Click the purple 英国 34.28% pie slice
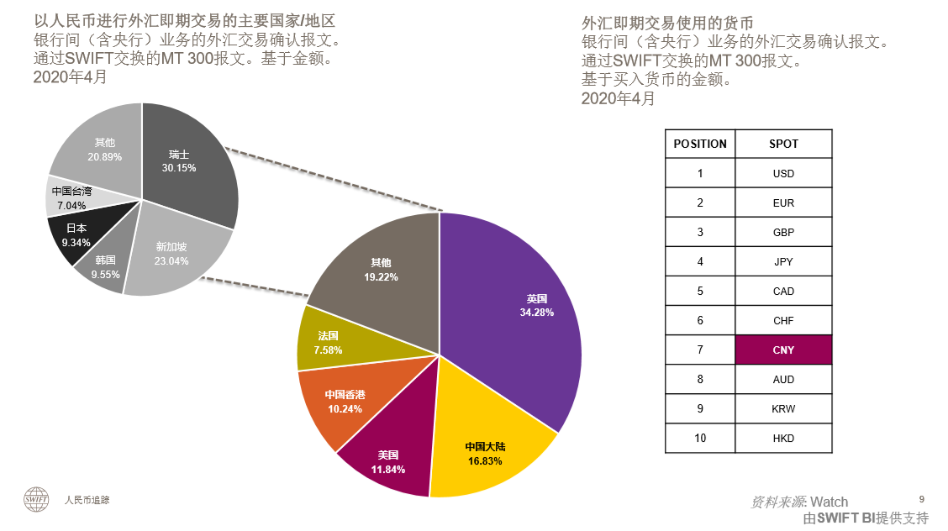point(529,311)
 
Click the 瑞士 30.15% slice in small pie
point(185,164)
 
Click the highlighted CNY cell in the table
point(783,350)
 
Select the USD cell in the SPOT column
point(783,174)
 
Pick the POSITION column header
point(700,144)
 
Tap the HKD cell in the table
point(783,439)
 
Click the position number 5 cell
point(700,292)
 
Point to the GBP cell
point(783,233)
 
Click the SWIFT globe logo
point(36,499)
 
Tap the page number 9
point(922,498)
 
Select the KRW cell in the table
point(783,409)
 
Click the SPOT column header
point(783,144)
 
